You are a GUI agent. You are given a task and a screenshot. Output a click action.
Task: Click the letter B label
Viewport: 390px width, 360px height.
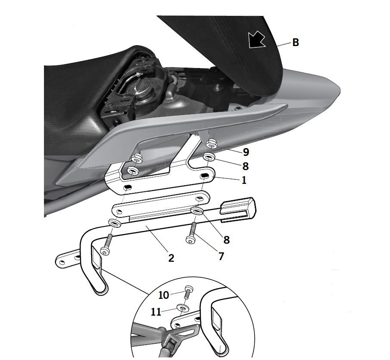[296, 43]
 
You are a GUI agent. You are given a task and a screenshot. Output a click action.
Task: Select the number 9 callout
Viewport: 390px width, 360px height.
[246, 152]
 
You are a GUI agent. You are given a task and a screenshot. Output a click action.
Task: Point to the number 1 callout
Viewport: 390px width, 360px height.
[244, 180]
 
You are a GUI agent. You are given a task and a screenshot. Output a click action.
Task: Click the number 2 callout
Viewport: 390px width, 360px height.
[171, 258]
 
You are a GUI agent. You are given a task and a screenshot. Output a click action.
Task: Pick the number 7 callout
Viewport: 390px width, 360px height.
[221, 256]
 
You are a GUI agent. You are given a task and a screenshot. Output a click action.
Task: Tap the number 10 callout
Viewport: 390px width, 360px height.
[164, 295]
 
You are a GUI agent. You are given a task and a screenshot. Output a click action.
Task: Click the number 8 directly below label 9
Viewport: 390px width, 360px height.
[246, 166]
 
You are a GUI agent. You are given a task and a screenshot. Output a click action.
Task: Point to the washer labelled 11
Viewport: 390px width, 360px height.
[183, 308]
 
